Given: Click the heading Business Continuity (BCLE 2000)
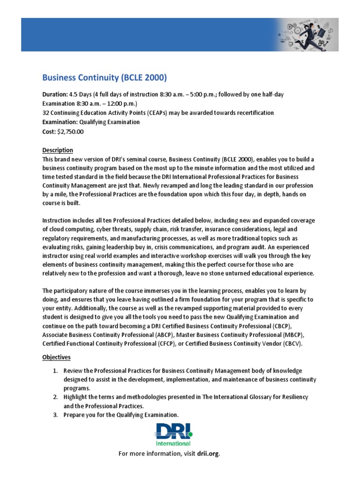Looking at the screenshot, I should coord(105,77).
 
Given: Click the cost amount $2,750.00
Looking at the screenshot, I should coord(70,132).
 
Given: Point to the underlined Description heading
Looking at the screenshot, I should coord(58,150).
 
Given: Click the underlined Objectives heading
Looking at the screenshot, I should coord(56,357).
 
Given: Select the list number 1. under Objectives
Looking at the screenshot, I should coord(55,371).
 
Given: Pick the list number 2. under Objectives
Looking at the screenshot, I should coord(55,397).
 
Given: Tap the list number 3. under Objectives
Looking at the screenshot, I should coord(55,415).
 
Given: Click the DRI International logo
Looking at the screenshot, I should coord(173,434).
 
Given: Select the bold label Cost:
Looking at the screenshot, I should coord(49,132).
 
